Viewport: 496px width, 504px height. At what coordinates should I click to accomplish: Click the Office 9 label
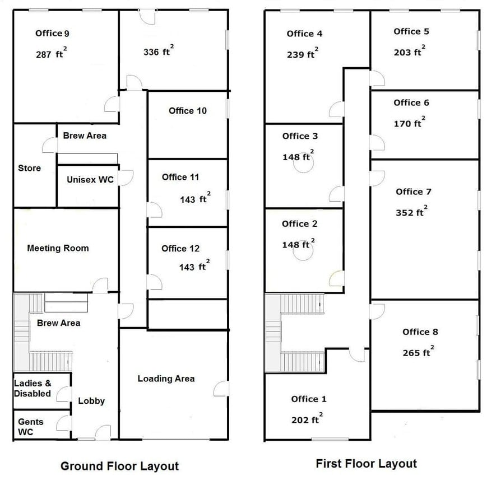(x=52, y=33)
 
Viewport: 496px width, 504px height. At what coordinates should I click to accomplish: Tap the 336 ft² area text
(x=158, y=52)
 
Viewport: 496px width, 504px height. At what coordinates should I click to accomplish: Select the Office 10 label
(x=188, y=111)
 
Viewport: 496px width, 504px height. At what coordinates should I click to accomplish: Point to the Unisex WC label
(x=90, y=180)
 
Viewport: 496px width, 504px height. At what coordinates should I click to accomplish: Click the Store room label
(x=29, y=168)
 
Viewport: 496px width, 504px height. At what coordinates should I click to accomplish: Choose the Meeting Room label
(x=58, y=248)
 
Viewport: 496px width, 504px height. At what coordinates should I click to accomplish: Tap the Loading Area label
(x=166, y=379)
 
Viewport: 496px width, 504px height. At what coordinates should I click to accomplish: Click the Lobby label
(x=91, y=401)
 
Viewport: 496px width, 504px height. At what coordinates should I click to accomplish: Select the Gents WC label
(x=30, y=427)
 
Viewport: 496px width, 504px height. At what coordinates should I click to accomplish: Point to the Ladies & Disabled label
(x=33, y=388)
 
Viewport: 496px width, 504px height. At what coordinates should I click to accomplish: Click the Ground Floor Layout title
(x=119, y=466)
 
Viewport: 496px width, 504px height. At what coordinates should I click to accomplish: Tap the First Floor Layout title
(x=366, y=464)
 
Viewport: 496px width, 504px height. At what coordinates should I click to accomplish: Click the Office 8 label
(x=420, y=332)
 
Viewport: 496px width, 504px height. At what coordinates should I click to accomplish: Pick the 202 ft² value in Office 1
(x=307, y=420)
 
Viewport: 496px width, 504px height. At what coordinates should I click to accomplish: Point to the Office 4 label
(x=304, y=34)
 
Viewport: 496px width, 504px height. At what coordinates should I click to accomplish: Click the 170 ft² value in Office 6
(x=409, y=123)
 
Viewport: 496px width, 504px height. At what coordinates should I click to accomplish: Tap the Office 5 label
(x=415, y=31)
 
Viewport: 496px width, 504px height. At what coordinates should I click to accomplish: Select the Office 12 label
(x=180, y=249)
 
